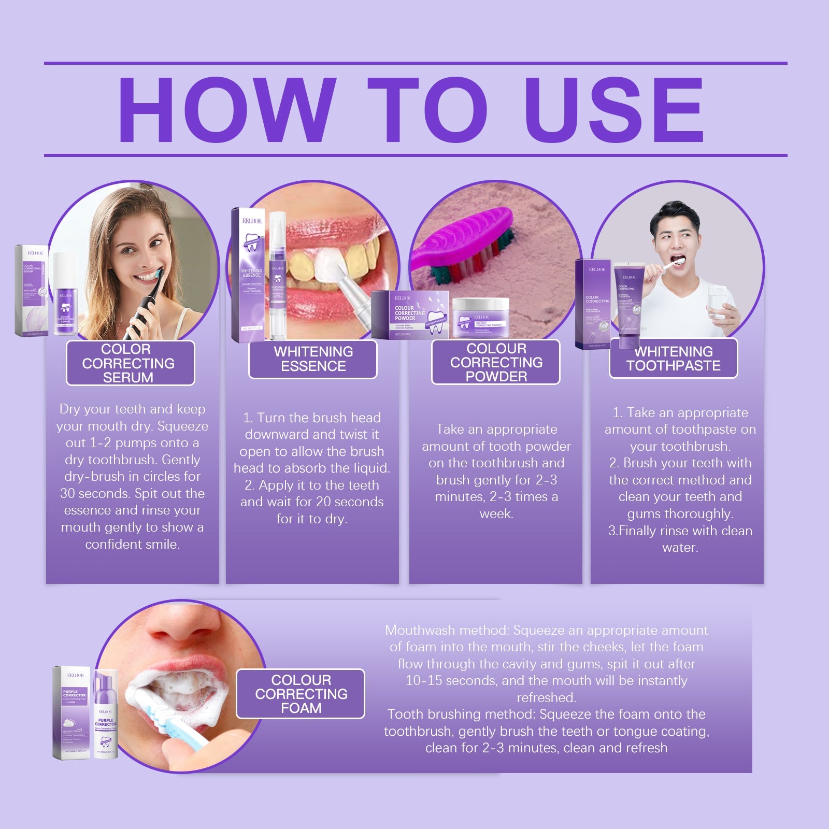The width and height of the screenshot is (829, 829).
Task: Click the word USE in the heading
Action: (x=617, y=110)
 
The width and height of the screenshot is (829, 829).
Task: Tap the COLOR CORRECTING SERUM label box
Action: (x=130, y=363)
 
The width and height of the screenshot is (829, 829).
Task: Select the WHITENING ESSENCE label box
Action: (x=313, y=359)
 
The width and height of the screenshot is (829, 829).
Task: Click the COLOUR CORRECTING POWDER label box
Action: (x=496, y=362)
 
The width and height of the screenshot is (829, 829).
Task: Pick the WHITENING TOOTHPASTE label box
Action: (x=673, y=359)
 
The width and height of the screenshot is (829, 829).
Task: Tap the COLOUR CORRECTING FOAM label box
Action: (x=301, y=694)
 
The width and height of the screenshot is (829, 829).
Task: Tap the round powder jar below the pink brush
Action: (x=480, y=318)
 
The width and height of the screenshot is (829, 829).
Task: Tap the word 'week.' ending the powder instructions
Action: (x=496, y=513)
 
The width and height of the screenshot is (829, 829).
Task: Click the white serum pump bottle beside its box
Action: (x=65, y=295)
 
